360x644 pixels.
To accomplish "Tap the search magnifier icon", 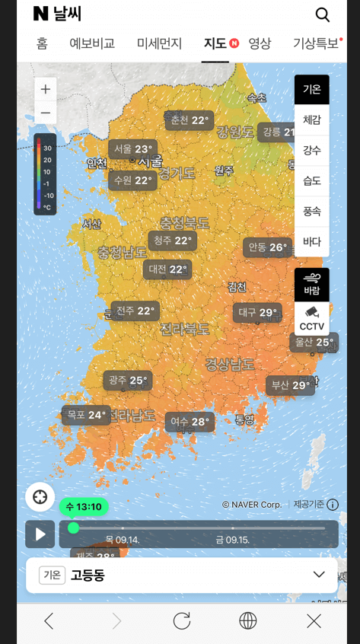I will [323, 14].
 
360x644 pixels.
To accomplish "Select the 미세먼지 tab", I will [160, 43].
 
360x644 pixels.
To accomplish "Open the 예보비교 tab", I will [92, 43].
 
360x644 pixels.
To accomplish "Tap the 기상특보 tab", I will [316, 43].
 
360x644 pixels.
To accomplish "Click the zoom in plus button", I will [46, 89].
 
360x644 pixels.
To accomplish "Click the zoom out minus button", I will [46, 113].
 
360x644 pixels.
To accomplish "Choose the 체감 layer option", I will [312, 120].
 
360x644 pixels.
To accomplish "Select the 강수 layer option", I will [312, 150].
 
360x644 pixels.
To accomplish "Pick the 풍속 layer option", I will [312, 211].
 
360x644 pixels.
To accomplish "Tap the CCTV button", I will [312, 319].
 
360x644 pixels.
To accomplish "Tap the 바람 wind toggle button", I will [312, 284].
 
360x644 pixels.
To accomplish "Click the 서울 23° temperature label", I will [132, 149].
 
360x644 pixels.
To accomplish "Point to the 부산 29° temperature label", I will [290, 385].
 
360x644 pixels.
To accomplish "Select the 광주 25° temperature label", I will [128, 380].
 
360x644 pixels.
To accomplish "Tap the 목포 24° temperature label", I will [86, 415].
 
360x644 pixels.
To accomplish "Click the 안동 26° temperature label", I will [267, 247].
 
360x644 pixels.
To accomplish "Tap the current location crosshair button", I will [40, 497].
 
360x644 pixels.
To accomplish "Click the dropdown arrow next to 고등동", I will [319, 575].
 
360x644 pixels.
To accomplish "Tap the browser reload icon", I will [182, 620].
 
